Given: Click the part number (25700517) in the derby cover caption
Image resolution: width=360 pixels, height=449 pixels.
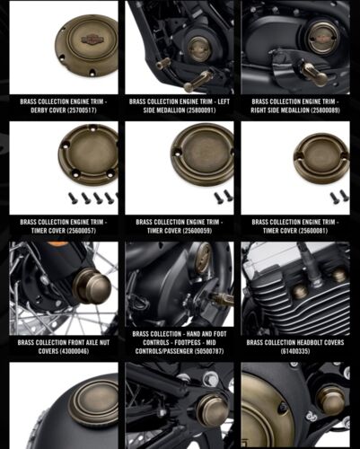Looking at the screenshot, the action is click(x=82, y=110).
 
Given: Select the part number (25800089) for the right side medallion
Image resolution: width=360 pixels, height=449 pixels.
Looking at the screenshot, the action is click(x=325, y=110).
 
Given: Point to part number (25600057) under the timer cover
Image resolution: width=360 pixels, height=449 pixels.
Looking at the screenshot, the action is click(x=82, y=231).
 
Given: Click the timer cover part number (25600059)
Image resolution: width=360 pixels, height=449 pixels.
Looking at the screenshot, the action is click(x=197, y=231).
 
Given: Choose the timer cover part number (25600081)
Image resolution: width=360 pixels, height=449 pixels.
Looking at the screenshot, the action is click(x=312, y=231).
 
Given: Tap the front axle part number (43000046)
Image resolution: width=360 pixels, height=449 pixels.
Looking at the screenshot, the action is click(x=75, y=351).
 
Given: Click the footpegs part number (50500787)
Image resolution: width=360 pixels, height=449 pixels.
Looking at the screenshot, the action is click(x=209, y=351).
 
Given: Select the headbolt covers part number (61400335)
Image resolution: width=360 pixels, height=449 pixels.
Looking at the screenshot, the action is click(x=295, y=351).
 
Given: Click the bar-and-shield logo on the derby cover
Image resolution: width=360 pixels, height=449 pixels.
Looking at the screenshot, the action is click(x=92, y=40).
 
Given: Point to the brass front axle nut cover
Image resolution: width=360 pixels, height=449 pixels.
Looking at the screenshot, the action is click(x=92, y=286).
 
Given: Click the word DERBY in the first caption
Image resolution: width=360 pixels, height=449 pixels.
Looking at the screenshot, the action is click(x=40, y=110).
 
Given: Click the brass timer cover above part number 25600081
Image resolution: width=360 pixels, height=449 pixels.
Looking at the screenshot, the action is click(x=321, y=158).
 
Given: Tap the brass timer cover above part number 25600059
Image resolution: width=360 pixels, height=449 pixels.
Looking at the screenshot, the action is click(x=203, y=154).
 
